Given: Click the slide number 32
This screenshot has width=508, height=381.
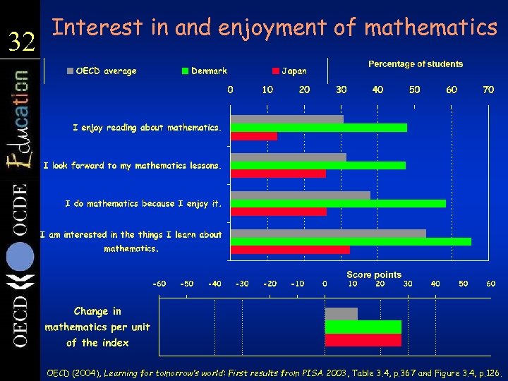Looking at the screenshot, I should point(21,44).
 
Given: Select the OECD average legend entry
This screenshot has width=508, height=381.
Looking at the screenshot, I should point(102,71).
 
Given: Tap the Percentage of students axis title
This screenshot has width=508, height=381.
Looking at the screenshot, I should point(416,64).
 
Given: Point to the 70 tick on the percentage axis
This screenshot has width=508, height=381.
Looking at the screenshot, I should point(488,90).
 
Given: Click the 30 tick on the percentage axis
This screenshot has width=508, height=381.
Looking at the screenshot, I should point(341,90).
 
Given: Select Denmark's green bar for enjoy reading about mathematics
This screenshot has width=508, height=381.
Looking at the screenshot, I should point(319,128).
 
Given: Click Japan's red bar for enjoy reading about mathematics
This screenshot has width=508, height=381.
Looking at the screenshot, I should point(254,136).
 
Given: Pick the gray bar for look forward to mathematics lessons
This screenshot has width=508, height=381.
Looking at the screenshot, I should point(289,157).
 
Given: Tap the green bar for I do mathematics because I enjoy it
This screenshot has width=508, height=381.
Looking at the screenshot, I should point(339,203).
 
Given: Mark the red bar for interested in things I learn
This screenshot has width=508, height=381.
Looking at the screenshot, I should point(290,249).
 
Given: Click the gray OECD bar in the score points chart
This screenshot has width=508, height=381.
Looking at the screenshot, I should point(341,314).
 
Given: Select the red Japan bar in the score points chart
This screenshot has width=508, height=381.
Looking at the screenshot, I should point(363,340).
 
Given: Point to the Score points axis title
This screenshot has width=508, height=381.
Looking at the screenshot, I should point(374,274).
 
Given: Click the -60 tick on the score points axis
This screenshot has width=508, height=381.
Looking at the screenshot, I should point(159,284).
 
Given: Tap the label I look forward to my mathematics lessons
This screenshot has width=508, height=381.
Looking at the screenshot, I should point(132,166).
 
